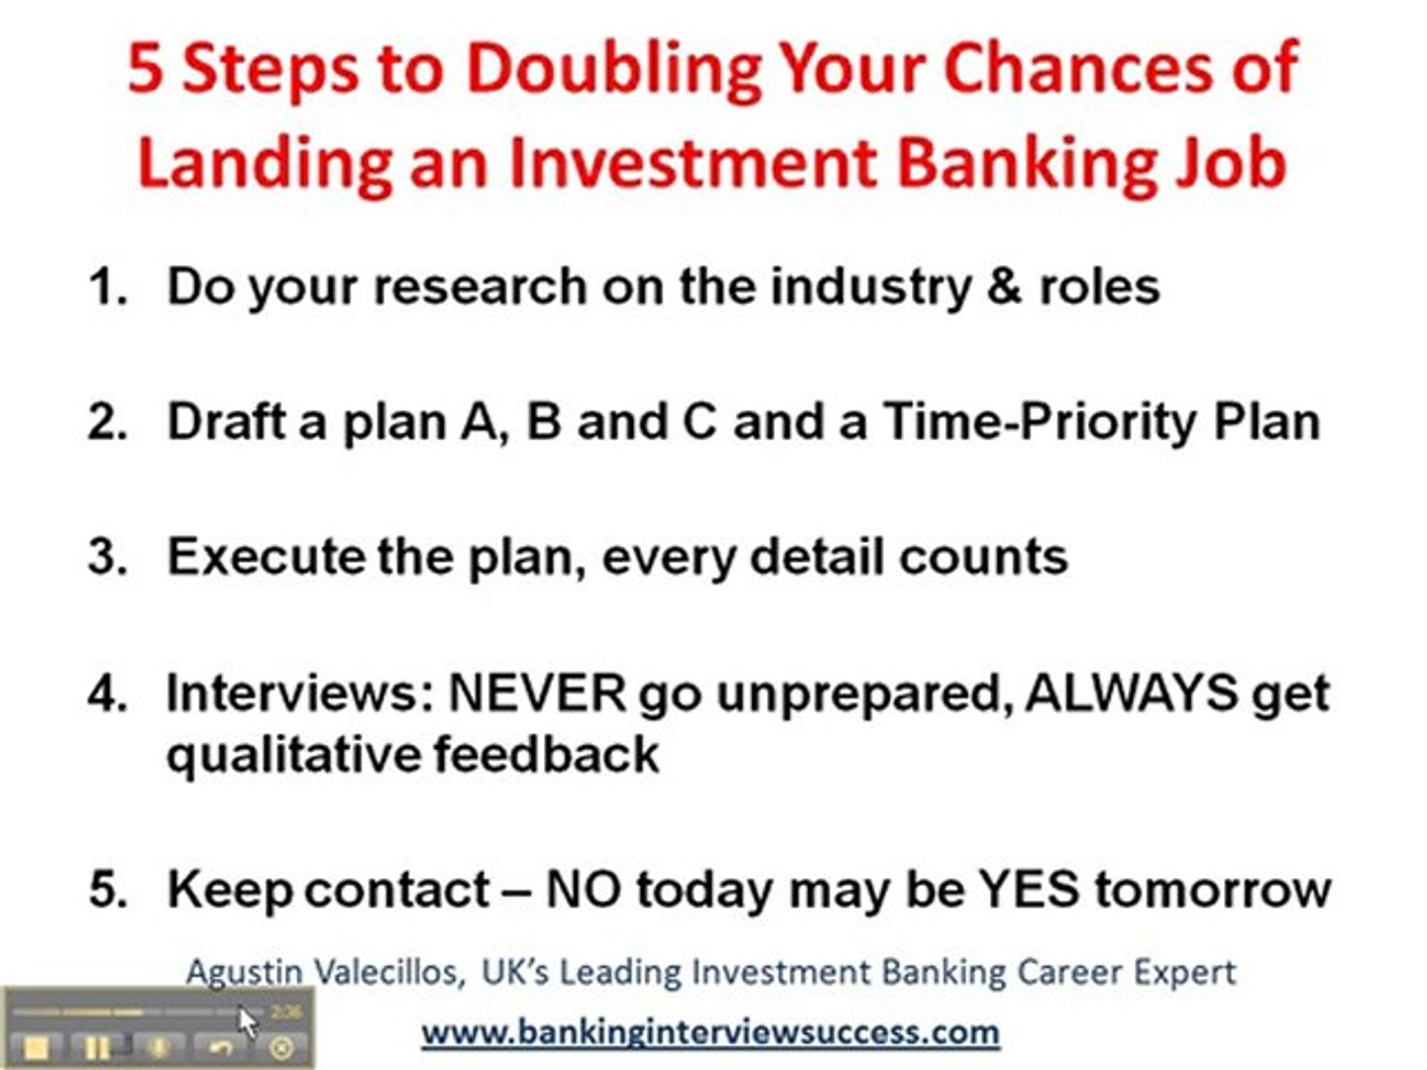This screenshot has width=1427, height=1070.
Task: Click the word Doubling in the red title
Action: pos(614,69)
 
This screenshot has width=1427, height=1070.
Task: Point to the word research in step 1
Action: pos(481,286)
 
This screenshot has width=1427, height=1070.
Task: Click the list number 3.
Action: pos(107,556)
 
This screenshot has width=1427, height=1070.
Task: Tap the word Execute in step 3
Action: pos(267,556)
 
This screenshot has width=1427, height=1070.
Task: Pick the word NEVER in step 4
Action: pos(538,693)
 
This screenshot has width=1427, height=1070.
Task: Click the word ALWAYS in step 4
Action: pos(1132,693)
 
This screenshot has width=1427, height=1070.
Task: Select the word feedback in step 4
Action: pos(546,754)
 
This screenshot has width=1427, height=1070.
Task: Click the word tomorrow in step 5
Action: pos(1213,890)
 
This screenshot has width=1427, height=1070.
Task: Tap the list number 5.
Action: pos(107,889)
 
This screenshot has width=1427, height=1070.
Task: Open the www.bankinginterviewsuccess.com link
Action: pos(710,1032)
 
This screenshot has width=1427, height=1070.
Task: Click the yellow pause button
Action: pos(97,1046)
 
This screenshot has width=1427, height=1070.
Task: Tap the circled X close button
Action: pos(280,1047)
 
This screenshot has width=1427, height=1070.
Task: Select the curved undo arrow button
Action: pos(221,1046)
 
